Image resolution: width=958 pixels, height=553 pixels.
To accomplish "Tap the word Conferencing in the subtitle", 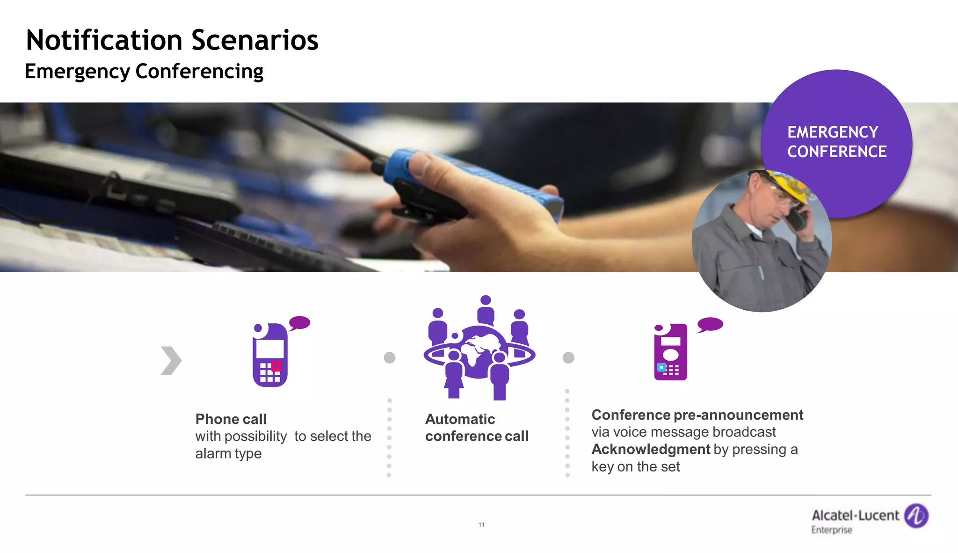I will [x=199, y=72].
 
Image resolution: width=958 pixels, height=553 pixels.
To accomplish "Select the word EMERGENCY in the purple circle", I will [x=833, y=132].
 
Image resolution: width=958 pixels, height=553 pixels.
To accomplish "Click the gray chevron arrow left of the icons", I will [x=171, y=360].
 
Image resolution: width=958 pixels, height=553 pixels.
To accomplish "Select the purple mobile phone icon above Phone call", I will [x=270, y=355].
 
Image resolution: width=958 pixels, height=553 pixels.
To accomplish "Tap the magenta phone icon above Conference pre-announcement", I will [x=670, y=352].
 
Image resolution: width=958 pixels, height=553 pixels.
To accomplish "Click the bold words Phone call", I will [x=231, y=419].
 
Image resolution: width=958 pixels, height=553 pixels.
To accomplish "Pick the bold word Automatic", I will [x=460, y=419].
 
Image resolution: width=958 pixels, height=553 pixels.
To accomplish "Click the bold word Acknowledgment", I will [x=651, y=449].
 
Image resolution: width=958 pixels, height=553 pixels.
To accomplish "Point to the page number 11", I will [x=481, y=524].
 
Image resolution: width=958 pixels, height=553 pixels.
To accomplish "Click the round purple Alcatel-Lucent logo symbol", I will [x=916, y=516].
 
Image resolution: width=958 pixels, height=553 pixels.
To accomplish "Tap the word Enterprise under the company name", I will [x=832, y=530].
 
